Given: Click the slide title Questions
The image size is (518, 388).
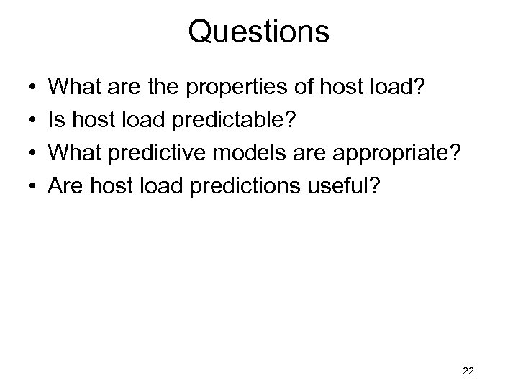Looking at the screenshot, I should (258, 32).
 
